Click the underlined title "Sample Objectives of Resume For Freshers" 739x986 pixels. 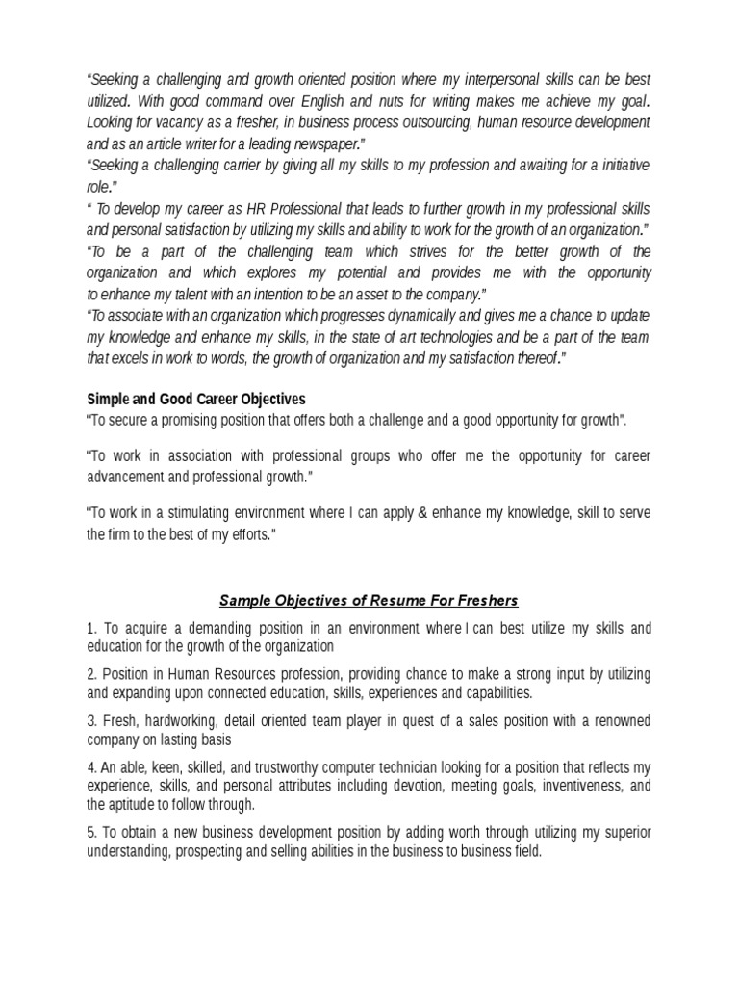point(369,601)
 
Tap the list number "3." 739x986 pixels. point(92,720)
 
